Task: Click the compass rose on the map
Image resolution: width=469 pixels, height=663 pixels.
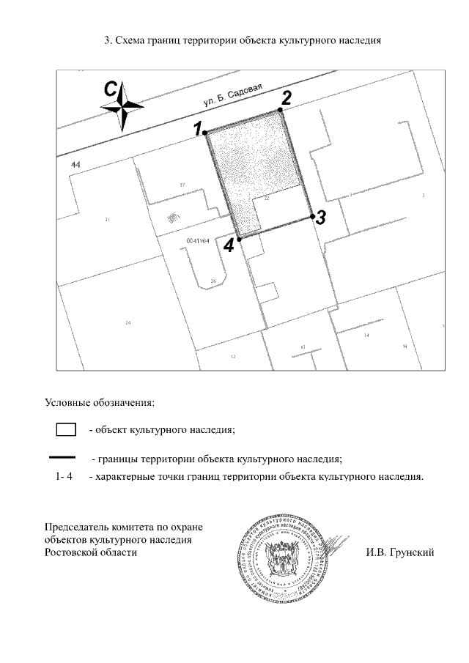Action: pyautogui.click(x=121, y=108)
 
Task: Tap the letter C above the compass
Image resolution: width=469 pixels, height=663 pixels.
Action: pyautogui.click(x=110, y=89)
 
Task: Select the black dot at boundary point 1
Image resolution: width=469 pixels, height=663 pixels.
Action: pyautogui.click(x=207, y=132)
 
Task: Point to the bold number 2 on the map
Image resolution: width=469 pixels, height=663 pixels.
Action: pyautogui.click(x=287, y=97)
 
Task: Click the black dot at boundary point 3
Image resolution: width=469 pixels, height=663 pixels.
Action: pyautogui.click(x=312, y=216)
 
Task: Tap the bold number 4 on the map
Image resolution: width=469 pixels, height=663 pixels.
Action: pyautogui.click(x=229, y=246)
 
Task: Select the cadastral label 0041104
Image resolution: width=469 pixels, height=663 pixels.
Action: pyautogui.click(x=198, y=240)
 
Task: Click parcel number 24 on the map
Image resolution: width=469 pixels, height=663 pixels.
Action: pyautogui.click(x=128, y=322)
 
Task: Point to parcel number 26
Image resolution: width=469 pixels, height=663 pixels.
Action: pyautogui.click(x=213, y=281)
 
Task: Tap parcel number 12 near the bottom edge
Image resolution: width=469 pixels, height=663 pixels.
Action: pyautogui.click(x=232, y=357)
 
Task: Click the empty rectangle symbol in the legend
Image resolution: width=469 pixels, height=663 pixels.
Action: pyautogui.click(x=67, y=429)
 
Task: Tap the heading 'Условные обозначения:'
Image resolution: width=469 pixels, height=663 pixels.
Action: pyautogui.click(x=100, y=402)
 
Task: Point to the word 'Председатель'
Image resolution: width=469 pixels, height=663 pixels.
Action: pyautogui.click(x=76, y=527)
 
